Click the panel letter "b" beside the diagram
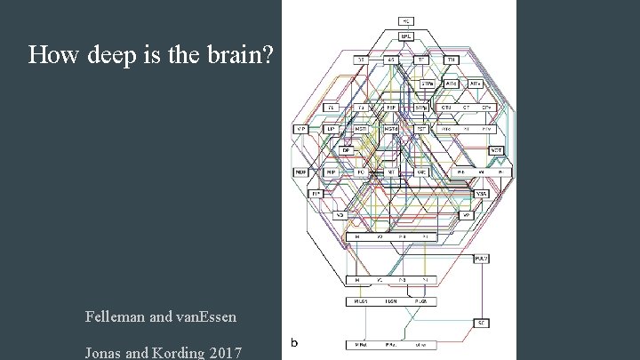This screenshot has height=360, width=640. click(294, 342)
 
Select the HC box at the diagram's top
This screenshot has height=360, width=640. click(405, 20)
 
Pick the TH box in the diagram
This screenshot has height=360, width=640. click(451, 60)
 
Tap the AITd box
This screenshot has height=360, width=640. click(452, 84)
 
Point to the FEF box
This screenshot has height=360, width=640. click(390, 108)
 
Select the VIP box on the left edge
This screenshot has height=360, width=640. click(300, 129)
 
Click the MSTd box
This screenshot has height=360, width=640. click(390, 129)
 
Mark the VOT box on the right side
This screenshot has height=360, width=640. click(496, 150)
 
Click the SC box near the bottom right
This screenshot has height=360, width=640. click(481, 322)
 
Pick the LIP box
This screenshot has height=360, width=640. click(330, 129)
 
